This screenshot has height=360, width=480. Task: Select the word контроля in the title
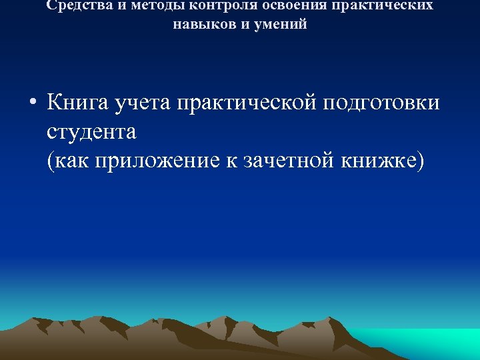click(x=218, y=5)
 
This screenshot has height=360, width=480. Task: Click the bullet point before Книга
click(x=32, y=103)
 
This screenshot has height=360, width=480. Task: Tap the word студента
click(x=91, y=132)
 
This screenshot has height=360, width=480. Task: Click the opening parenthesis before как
click(x=51, y=161)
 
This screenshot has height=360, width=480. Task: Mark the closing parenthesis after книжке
click(x=419, y=161)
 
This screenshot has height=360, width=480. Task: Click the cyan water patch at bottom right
click(x=433, y=343)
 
